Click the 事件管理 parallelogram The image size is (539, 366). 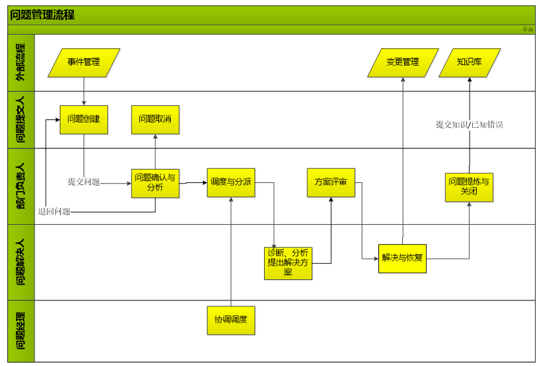click(x=84, y=62)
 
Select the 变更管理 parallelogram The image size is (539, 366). click(x=403, y=62)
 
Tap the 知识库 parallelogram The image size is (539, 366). click(x=470, y=62)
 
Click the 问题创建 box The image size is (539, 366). click(x=84, y=119)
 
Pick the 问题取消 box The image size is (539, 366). click(x=155, y=119)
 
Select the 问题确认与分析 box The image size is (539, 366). click(x=155, y=182)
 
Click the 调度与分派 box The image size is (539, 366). click(x=231, y=182)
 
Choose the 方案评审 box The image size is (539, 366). click(x=331, y=182)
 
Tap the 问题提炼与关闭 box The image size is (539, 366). click(x=469, y=187)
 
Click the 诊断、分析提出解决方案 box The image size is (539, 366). click(x=288, y=263)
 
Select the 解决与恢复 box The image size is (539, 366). click(x=402, y=258)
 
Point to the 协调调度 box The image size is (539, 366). click(x=231, y=320)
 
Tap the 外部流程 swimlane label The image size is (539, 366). click(x=21, y=62)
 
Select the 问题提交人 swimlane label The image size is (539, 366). click(x=21, y=119)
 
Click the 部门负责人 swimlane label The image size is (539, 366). click(x=21, y=186)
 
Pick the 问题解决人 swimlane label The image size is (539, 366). click(x=21, y=262)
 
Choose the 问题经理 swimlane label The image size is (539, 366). click(x=21, y=331)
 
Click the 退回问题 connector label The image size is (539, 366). click(x=54, y=211)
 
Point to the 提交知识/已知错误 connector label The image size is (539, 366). click(x=469, y=125)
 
